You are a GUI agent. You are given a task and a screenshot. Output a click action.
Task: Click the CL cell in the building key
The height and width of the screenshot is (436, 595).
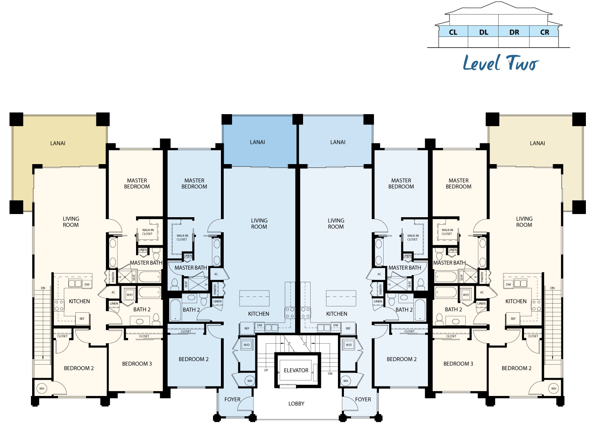point(453,32)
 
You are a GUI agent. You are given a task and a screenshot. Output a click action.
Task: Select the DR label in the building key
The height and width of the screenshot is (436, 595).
point(514,32)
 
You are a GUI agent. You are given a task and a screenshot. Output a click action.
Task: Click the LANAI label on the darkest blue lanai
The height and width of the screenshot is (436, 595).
point(257,142)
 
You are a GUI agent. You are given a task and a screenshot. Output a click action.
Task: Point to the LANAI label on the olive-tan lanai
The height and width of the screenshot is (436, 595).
point(58,143)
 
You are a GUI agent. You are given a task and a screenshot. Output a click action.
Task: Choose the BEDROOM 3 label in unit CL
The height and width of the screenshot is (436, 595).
point(137,363)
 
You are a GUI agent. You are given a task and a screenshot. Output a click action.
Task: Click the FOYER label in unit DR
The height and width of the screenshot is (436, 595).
point(363,399)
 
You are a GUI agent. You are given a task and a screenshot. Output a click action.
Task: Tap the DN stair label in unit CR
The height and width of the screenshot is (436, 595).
point(552,288)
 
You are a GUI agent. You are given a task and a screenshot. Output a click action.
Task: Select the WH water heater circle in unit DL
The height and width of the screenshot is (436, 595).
point(250,381)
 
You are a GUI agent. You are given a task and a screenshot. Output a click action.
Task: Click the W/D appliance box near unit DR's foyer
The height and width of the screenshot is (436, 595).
point(349,344)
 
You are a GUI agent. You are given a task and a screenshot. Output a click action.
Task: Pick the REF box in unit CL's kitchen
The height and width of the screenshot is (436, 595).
point(82,319)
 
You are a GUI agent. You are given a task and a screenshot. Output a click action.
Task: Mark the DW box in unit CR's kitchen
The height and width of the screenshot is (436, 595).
point(509,284)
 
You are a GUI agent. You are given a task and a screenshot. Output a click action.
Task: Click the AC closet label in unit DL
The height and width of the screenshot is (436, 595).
point(216,274)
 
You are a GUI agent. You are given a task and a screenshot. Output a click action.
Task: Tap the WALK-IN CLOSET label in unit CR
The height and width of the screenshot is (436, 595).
point(447,232)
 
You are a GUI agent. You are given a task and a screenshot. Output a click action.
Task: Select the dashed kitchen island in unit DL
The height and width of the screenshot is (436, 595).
point(254,298)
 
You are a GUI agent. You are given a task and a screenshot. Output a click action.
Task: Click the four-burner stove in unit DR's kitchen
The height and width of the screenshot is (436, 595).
point(305,312)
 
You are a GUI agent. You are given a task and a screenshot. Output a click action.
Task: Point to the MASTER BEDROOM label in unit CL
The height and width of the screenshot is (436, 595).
point(137,184)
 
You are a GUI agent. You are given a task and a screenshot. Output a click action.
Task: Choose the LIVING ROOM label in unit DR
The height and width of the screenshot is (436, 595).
point(336,224)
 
